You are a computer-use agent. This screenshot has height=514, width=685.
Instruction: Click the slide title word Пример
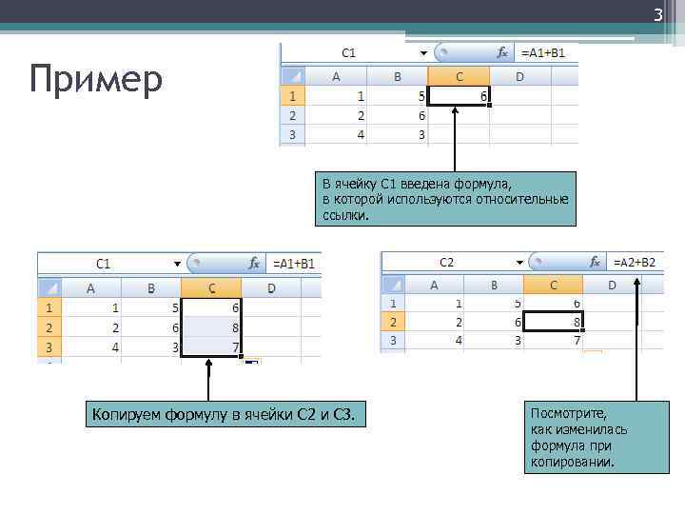pos(95,80)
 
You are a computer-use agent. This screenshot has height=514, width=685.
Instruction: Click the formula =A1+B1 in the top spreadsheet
pos(542,53)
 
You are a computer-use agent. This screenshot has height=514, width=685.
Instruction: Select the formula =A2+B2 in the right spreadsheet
pos(635,262)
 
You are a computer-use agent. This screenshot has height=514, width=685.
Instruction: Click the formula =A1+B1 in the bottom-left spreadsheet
pos(296,264)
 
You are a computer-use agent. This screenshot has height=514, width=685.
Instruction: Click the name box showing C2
pos(447,262)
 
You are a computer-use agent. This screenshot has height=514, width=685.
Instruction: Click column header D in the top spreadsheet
pos(519,76)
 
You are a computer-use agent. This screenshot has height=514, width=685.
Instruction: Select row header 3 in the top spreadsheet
pos(291,134)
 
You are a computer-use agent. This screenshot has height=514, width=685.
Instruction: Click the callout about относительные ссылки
pos(445,199)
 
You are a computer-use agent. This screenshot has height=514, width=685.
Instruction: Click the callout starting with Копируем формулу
pos(225,414)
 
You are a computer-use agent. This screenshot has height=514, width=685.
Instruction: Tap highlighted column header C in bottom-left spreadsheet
pos(211,287)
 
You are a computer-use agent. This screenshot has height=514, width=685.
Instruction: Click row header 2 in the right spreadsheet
pos(392,323)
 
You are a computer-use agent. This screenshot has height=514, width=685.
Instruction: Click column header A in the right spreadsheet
pos(434,284)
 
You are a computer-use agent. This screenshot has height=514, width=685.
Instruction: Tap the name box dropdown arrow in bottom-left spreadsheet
pos(177,264)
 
